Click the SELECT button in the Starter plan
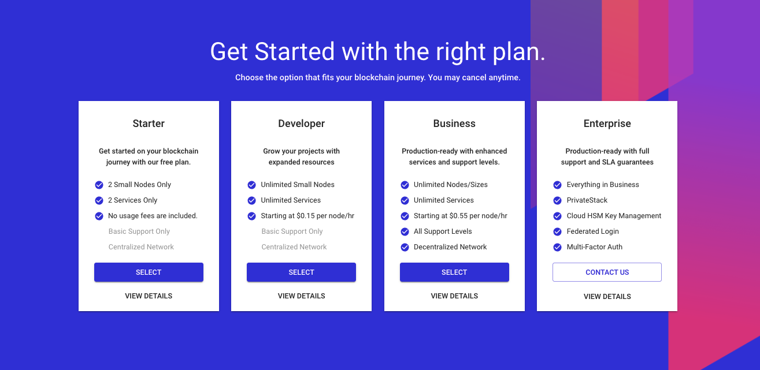(x=149, y=272)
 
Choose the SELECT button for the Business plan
(x=454, y=272)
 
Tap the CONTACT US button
(x=607, y=272)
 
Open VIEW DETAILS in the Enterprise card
(x=607, y=297)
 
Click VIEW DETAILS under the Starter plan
(x=149, y=296)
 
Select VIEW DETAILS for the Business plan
(x=454, y=296)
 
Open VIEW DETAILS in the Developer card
(x=301, y=296)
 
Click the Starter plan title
(x=149, y=124)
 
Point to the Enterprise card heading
(x=607, y=124)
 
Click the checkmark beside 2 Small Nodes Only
(x=99, y=185)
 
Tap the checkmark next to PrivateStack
(x=558, y=200)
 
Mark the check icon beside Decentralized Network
(x=405, y=247)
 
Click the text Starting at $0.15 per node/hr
(x=307, y=216)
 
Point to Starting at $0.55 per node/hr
(x=461, y=216)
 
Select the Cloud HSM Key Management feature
(x=614, y=216)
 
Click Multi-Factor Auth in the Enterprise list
(x=595, y=247)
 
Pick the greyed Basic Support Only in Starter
(x=139, y=231)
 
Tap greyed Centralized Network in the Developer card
(x=294, y=247)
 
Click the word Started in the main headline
(x=295, y=51)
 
